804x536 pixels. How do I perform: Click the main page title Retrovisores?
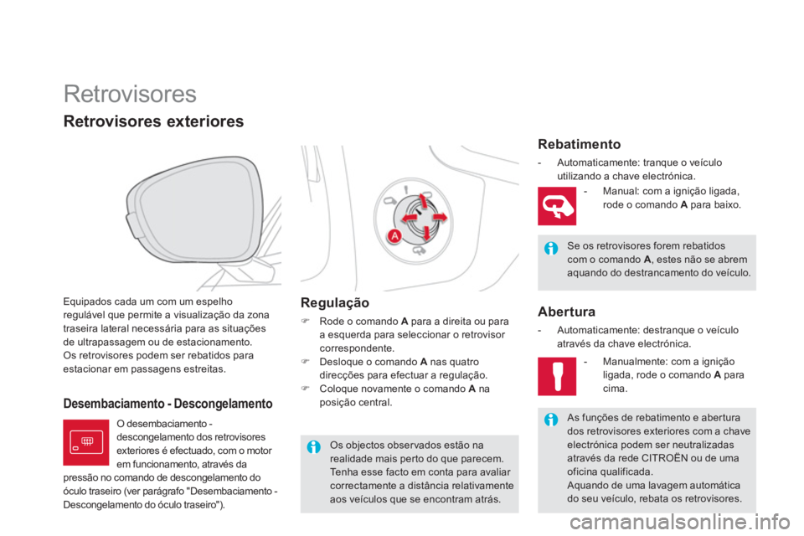coord(130,91)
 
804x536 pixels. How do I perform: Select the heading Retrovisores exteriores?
coord(154,122)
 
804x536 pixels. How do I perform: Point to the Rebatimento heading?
coord(580,144)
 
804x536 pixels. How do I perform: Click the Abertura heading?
coord(566,312)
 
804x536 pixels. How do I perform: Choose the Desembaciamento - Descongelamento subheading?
coord(168,404)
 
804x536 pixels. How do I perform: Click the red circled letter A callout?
coord(393,236)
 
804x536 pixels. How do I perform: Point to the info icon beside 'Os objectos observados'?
coord(313,446)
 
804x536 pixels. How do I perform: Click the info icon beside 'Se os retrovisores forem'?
coord(550,247)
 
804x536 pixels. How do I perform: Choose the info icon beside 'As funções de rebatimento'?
coord(550,419)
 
